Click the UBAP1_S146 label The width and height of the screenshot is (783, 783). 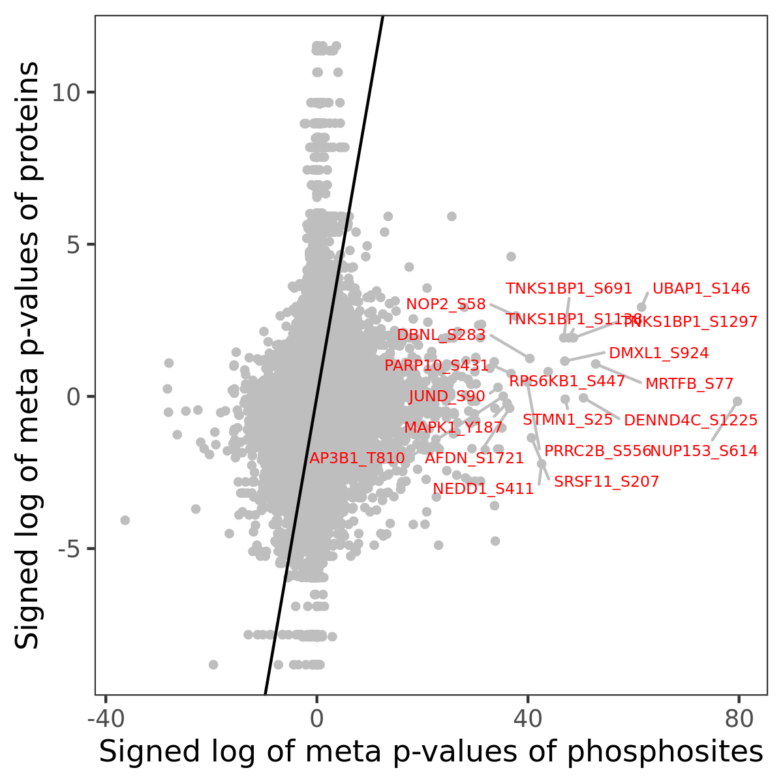[701, 288]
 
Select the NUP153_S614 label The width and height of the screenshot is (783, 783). [704, 451]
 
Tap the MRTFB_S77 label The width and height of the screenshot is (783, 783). [689, 384]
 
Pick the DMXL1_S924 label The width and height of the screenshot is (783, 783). [658, 354]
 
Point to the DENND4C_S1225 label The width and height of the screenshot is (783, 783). [690, 420]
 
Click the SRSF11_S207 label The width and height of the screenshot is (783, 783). [606, 482]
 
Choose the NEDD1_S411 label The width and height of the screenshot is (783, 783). [483, 489]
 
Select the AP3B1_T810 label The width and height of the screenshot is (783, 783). [357, 458]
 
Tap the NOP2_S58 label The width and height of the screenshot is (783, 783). [446, 304]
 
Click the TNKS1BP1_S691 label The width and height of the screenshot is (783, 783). [569, 288]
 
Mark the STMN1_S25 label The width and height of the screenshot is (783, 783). [568, 420]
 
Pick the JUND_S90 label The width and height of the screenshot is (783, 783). [447, 396]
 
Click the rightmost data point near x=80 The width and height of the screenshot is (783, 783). [737, 401]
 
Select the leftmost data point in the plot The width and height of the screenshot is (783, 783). [125, 520]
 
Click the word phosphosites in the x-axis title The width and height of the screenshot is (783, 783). [664, 752]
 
